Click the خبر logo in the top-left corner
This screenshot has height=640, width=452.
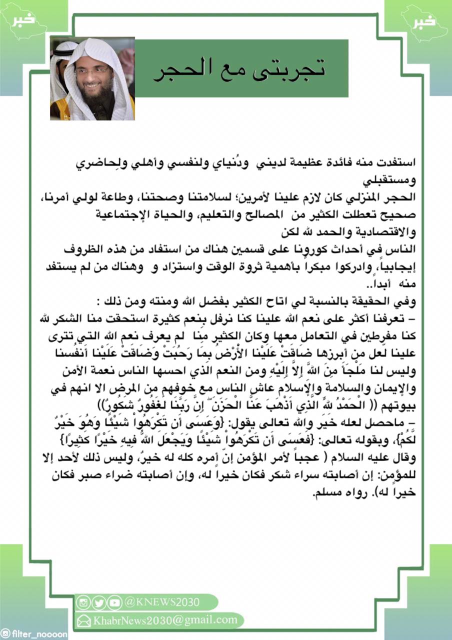(24, 19)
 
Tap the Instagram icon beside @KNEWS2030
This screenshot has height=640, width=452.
(83, 602)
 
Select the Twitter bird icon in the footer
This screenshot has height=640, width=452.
(99, 602)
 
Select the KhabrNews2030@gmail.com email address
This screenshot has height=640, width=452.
(165, 620)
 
